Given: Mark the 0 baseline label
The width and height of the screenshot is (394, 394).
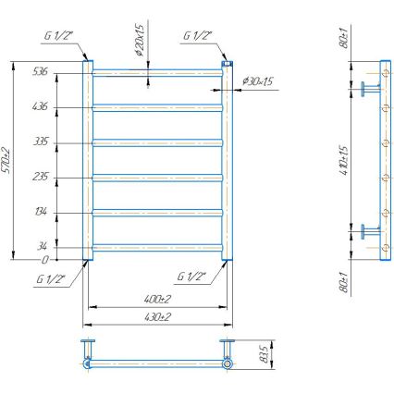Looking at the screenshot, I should pyautogui.click(x=44, y=261).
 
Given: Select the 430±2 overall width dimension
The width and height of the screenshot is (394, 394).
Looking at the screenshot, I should pyautogui.click(x=157, y=317).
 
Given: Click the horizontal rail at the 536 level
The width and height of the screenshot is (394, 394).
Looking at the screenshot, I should pyautogui.click(x=157, y=71).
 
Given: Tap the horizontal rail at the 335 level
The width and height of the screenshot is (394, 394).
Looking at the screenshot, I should pyautogui.click(x=157, y=142).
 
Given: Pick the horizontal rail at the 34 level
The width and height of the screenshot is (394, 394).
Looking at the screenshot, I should pyautogui.click(x=157, y=246).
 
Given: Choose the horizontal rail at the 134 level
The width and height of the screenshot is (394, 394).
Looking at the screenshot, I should pyautogui.click(x=157, y=212).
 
